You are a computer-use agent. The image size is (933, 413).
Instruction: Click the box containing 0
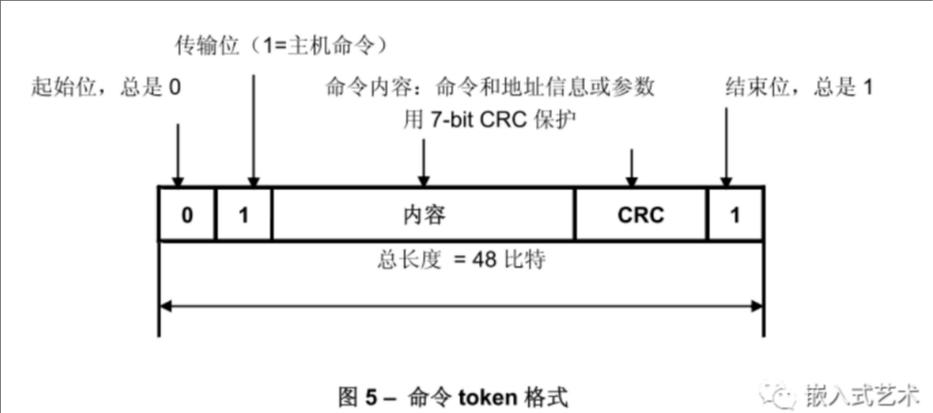[186, 214]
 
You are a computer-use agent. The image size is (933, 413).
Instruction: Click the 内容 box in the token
[423, 214]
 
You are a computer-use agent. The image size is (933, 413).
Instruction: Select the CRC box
[641, 214]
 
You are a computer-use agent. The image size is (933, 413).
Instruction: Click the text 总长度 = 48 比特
[461, 260]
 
